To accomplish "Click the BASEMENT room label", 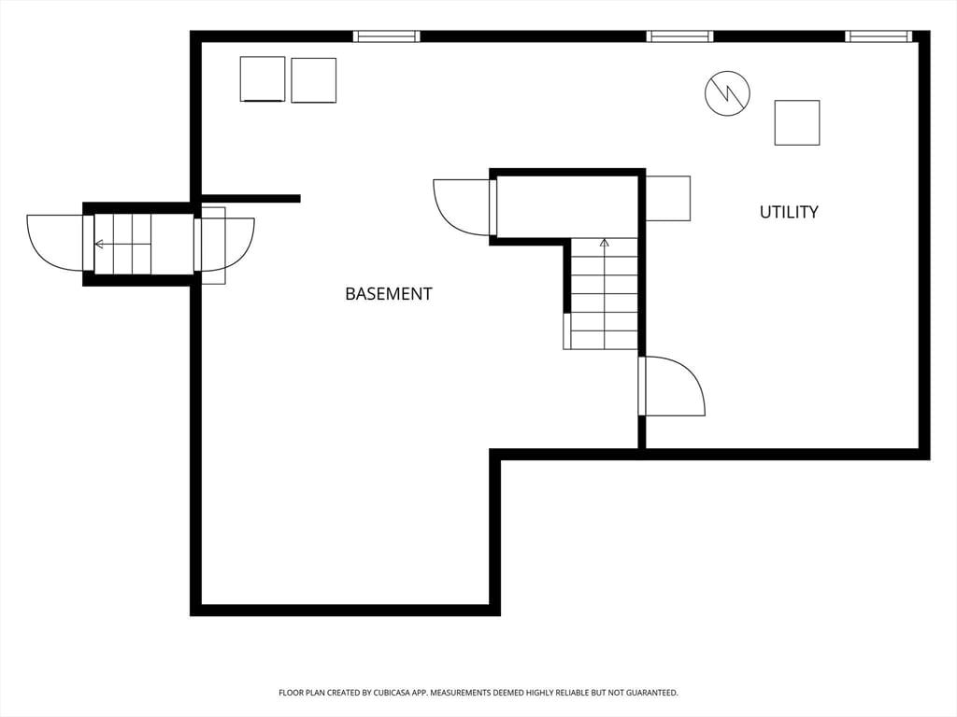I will [x=388, y=293].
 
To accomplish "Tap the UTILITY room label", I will [x=788, y=212].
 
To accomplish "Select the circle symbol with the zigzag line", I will [x=727, y=93].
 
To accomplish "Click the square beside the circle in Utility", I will [x=796, y=122].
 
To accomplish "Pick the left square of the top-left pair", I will [x=263, y=79].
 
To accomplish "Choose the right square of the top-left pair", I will [x=313, y=80].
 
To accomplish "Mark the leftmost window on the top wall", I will [x=386, y=36].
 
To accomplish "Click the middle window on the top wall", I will [x=679, y=36].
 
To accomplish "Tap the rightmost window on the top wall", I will [x=878, y=36].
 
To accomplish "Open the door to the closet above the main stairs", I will [x=464, y=206].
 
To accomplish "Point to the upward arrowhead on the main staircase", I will [x=604, y=243].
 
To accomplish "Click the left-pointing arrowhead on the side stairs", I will [x=99, y=245].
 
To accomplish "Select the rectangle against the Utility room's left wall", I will [x=667, y=198].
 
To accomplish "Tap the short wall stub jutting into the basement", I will [x=250, y=198].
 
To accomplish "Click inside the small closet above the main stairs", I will [x=566, y=206].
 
